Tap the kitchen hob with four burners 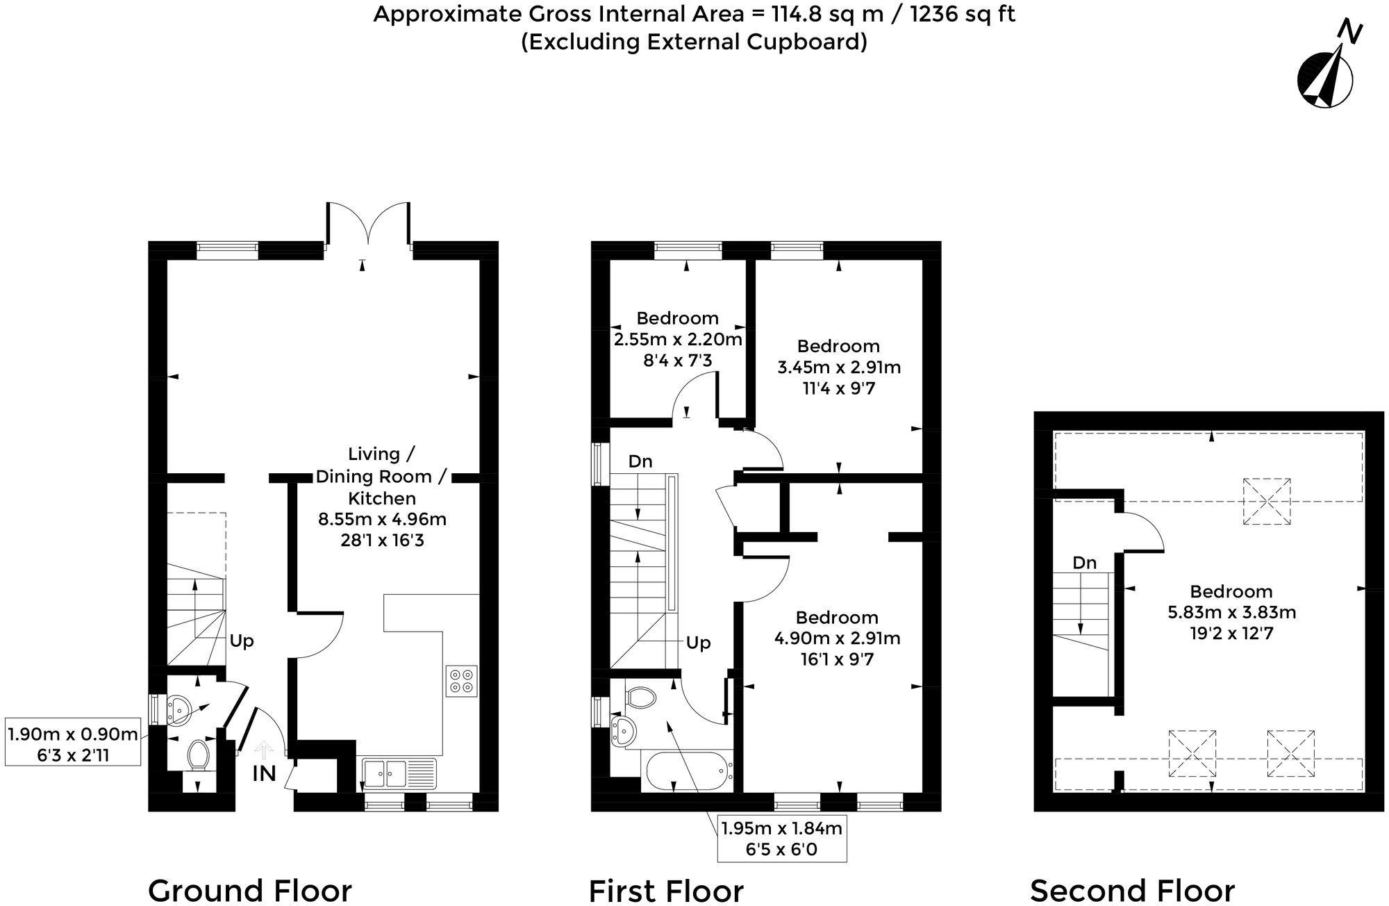click(462, 680)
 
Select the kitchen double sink click(399, 772)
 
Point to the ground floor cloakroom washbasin click(178, 709)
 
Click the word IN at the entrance click(264, 773)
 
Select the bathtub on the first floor click(688, 771)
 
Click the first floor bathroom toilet click(641, 697)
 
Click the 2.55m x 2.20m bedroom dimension click(678, 339)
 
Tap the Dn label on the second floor click(1084, 563)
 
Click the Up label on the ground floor click(241, 641)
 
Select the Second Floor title click(1132, 890)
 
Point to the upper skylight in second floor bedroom click(1266, 500)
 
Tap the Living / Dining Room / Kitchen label click(381, 476)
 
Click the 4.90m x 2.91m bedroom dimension click(837, 638)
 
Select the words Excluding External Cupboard click(694, 42)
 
